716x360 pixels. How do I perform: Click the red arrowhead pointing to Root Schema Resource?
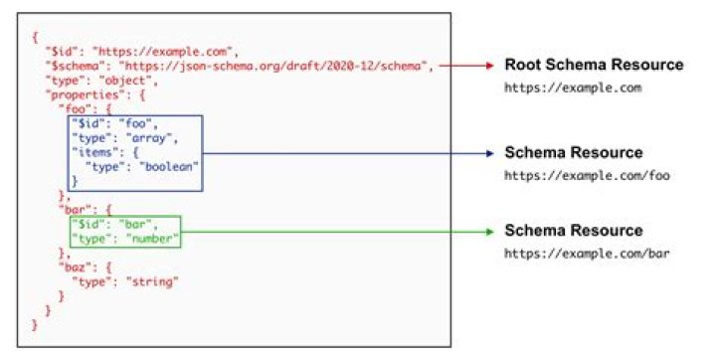(x=488, y=66)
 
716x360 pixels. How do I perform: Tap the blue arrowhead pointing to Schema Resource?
(x=488, y=153)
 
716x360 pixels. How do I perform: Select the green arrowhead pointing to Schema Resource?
(x=488, y=231)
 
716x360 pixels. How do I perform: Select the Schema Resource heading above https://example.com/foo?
(x=573, y=153)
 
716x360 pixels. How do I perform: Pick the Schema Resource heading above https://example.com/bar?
(x=573, y=231)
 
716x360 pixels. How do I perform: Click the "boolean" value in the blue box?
(x=171, y=167)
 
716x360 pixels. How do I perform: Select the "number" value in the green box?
(x=153, y=239)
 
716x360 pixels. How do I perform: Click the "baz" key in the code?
(x=76, y=269)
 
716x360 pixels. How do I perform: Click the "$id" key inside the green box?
(x=88, y=225)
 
